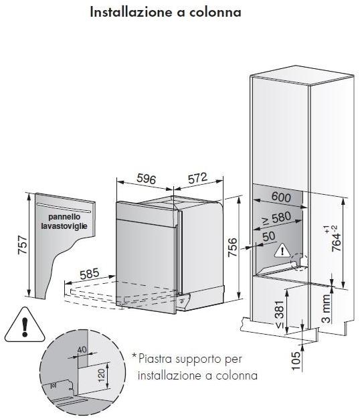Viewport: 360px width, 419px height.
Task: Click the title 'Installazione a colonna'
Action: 165,12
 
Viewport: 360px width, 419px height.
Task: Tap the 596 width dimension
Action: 147,179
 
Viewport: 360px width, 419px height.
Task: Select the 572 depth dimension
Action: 197,178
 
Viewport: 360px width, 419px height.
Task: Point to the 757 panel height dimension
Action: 23,245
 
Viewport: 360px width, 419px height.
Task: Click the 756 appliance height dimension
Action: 232,247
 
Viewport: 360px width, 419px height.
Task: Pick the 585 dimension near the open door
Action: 90,273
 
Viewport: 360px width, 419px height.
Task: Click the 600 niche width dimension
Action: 281,197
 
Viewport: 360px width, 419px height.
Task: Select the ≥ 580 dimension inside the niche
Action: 276,218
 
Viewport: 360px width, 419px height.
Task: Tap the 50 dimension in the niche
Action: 269,236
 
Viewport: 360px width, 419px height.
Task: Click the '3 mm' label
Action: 326,309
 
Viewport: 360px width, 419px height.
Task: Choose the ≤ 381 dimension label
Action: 280,315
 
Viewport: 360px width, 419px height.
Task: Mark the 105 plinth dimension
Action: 296,361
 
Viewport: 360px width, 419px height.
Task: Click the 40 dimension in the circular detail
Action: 82,349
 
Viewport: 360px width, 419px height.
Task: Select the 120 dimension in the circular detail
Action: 102,375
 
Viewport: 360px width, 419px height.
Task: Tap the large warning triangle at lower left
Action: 25,325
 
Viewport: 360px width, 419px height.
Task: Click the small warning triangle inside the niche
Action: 282,250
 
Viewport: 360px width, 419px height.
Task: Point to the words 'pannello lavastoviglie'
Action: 64,222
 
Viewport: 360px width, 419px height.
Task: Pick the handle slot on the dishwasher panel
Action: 64,208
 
